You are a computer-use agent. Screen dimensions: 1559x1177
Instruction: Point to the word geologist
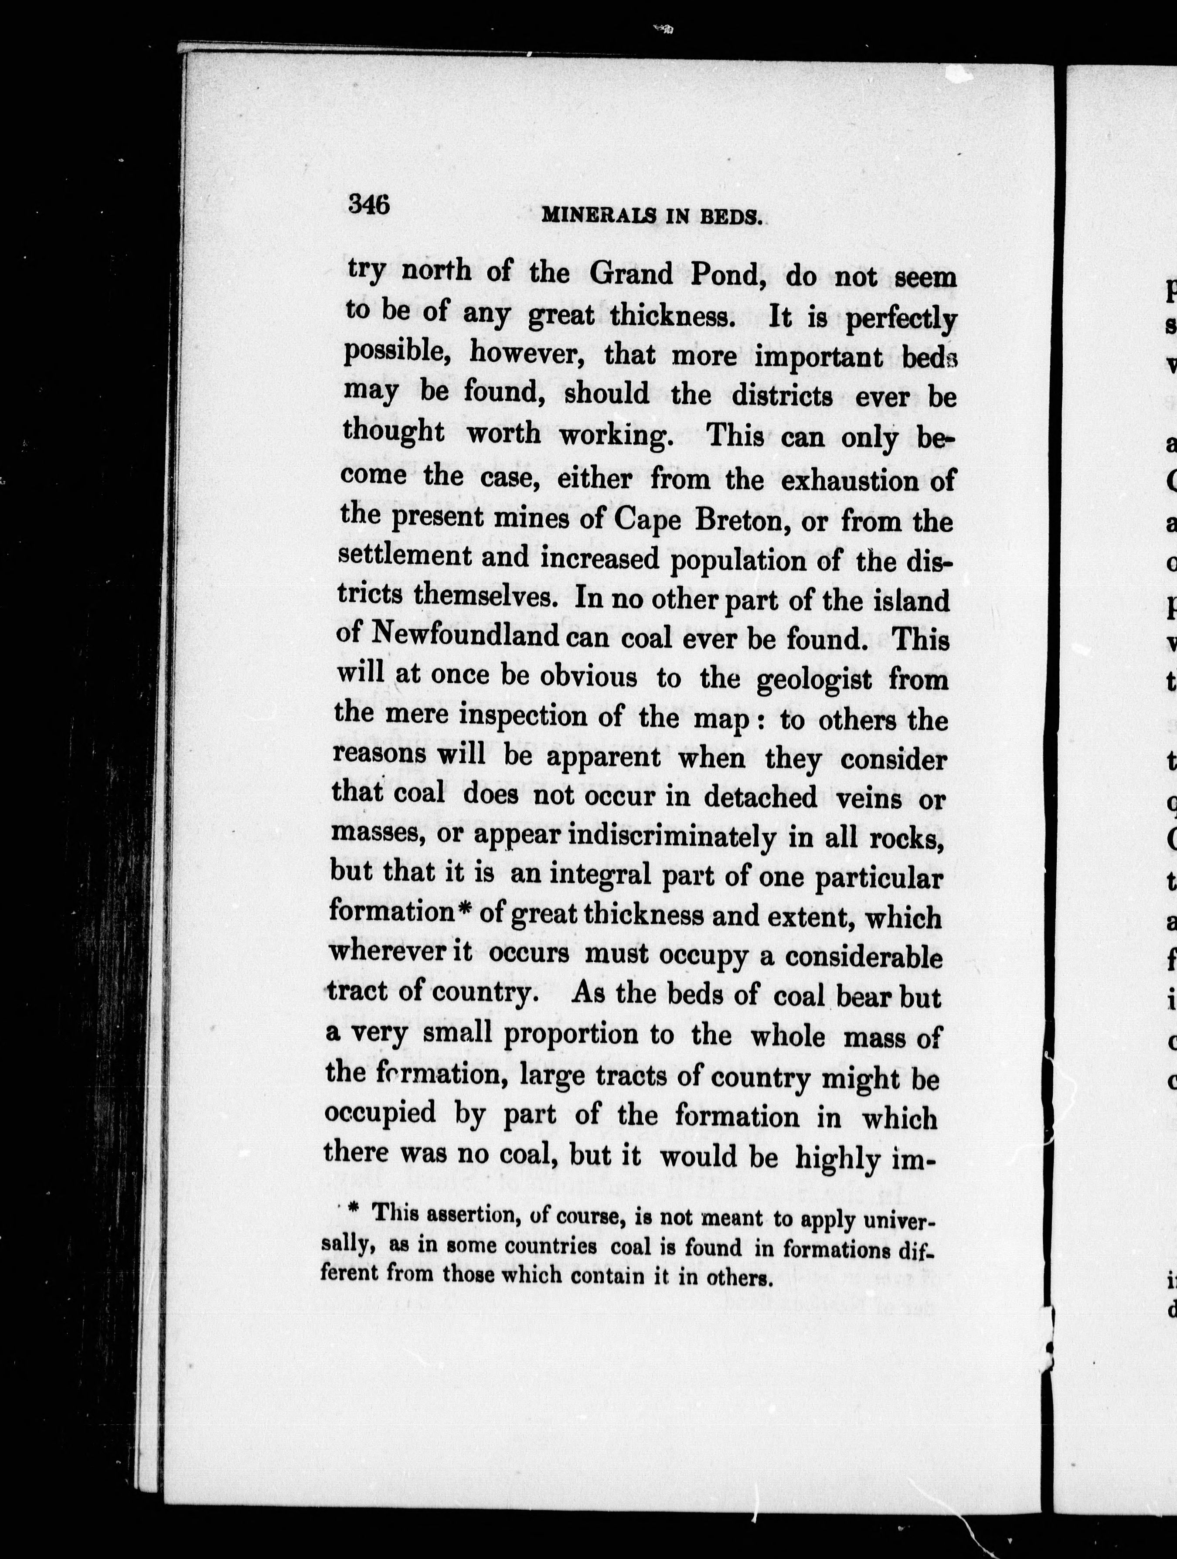point(814,679)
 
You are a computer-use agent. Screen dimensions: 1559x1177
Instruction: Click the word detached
point(760,797)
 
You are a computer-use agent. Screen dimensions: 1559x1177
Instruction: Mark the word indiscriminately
point(671,836)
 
